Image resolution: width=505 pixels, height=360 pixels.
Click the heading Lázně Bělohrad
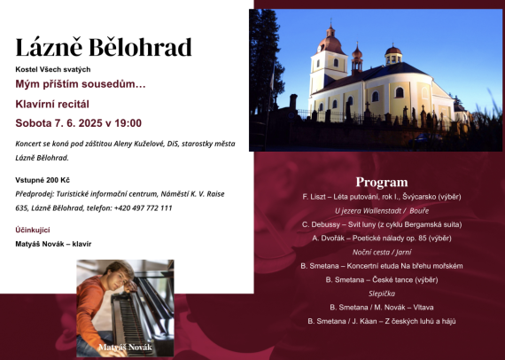click(x=104, y=47)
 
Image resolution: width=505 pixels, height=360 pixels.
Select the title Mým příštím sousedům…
click(x=81, y=83)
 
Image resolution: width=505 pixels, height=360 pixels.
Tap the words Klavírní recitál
click(x=52, y=104)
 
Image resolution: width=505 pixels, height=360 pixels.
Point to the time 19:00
click(x=125, y=123)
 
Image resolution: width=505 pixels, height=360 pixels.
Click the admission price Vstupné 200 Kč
click(x=44, y=180)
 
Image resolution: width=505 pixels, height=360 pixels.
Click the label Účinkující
click(x=32, y=230)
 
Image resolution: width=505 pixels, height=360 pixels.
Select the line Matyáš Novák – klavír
click(x=53, y=243)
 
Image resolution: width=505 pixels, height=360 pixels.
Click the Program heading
click(x=382, y=182)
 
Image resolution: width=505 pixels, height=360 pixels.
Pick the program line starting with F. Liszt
click(x=381, y=196)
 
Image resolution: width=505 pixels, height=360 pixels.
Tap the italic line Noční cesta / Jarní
click(x=381, y=252)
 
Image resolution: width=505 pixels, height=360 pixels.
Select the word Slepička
click(x=381, y=293)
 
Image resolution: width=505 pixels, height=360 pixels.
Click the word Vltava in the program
click(x=421, y=307)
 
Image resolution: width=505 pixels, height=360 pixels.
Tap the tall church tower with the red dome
click(x=329, y=53)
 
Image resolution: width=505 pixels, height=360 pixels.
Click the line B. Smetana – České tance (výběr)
click(x=381, y=279)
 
